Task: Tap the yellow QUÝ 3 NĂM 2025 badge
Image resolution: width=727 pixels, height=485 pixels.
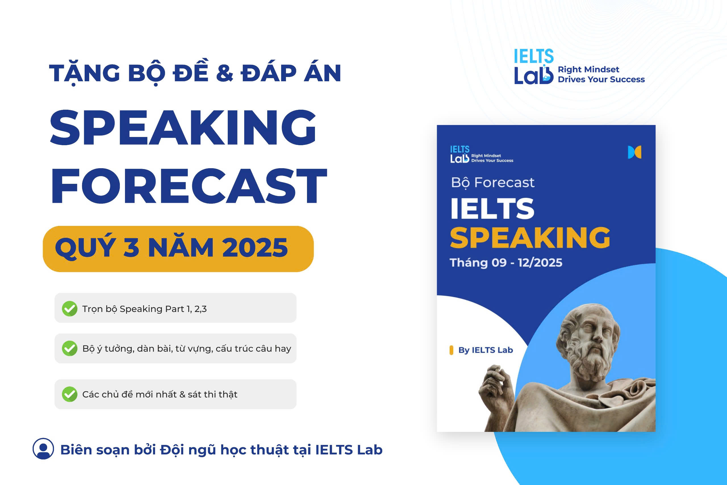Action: [x=178, y=249]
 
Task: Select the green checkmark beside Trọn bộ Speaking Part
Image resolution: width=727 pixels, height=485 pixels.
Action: [x=70, y=309]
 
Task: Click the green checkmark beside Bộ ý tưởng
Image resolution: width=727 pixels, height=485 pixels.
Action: [x=70, y=349]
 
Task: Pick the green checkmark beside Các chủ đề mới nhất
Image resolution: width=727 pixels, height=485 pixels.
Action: [x=70, y=394]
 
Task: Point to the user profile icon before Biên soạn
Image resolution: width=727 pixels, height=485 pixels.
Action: [x=43, y=449]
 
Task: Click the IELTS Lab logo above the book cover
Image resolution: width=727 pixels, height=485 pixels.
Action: [x=534, y=66]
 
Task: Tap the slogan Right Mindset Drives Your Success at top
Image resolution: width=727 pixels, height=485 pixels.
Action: [x=601, y=74]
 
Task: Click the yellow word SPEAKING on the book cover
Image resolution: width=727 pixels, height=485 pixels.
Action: [x=530, y=238]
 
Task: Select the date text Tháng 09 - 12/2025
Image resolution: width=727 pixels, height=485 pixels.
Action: [x=506, y=263]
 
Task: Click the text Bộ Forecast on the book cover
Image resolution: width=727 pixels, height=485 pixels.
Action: [x=493, y=182]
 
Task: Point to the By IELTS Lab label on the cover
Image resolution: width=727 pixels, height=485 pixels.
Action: [x=486, y=350]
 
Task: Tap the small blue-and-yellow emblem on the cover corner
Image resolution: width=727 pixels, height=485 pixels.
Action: [x=635, y=152]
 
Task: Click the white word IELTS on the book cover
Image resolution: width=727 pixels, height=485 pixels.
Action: [x=492, y=209]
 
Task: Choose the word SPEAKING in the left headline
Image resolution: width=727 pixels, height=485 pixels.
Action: [x=183, y=128]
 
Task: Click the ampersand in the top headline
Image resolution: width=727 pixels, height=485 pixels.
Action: [x=224, y=73]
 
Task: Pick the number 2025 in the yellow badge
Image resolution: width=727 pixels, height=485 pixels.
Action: [x=255, y=248]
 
